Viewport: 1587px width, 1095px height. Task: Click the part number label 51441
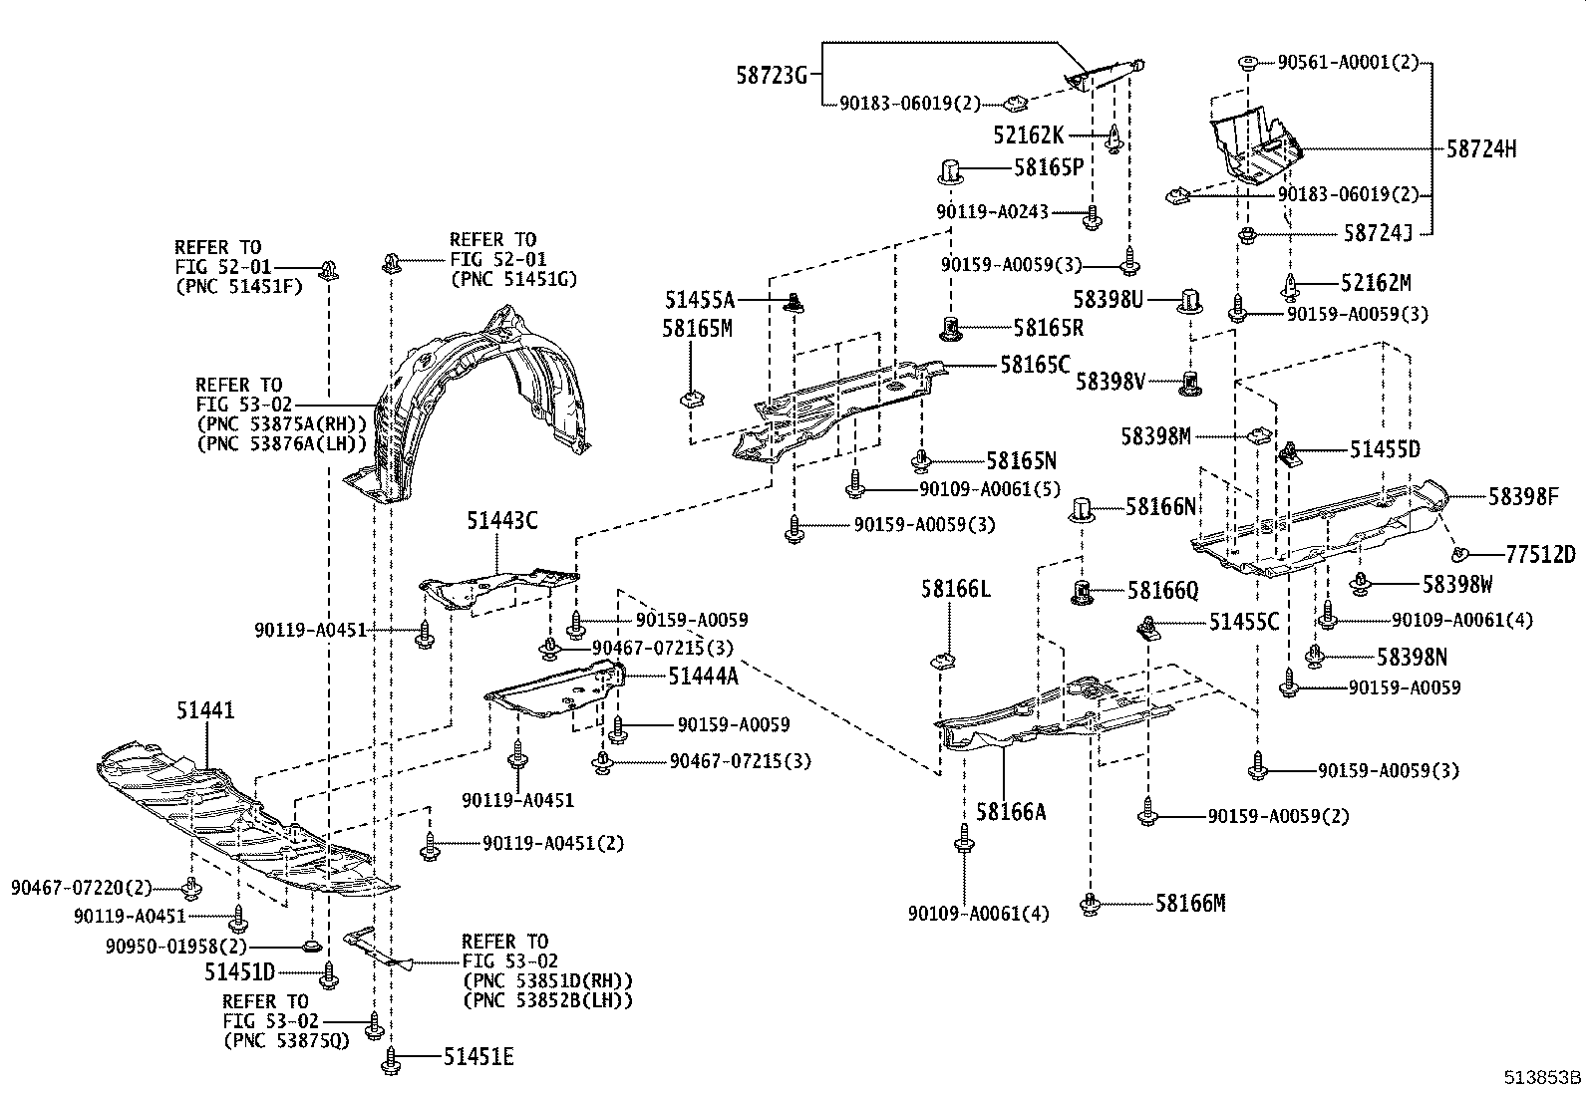(205, 710)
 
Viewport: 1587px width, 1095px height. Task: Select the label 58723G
(772, 74)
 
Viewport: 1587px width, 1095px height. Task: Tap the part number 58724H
(1481, 149)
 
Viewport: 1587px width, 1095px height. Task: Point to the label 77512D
(1540, 555)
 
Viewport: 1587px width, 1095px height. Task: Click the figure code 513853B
(1543, 1077)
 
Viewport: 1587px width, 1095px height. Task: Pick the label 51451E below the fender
(478, 1057)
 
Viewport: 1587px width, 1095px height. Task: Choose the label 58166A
(1011, 812)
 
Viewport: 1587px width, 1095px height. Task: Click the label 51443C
(501, 521)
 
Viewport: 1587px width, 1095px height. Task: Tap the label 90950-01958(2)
(175, 946)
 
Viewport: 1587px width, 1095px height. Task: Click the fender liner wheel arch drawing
(469, 409)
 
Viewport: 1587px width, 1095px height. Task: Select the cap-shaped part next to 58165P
(950, 171)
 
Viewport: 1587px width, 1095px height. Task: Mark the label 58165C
(1035, 365)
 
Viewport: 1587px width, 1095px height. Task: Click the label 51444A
(703, 677)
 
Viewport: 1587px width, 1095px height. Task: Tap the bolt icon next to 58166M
(1091, 906)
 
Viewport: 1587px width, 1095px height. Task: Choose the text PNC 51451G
(513, 279)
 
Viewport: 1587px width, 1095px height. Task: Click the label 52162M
(1376, 283)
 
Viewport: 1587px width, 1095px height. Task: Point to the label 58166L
(955, 590)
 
